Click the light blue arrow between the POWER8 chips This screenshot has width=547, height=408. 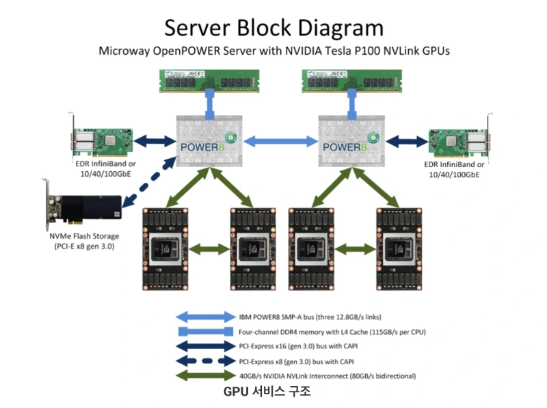click(x=278, y=142)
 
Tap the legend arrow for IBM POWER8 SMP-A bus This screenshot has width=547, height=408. click(x=204, y=317)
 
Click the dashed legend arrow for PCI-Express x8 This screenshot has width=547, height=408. click(x=204, y=361)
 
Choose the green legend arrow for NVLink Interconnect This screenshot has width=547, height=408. click(x=204, y=376)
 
